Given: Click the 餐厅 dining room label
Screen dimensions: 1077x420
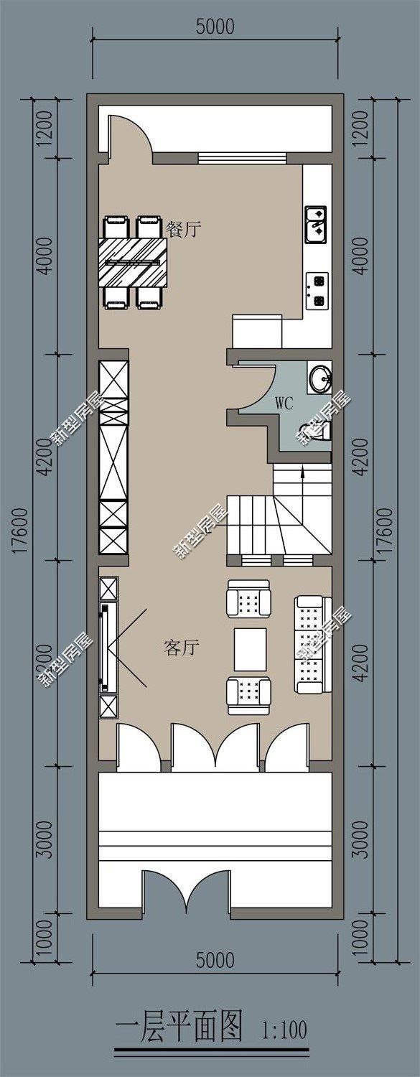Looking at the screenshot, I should [183, 230].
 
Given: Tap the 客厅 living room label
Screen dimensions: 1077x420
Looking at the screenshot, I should [181, 648].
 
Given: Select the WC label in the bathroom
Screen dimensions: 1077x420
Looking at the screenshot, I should [284, 403].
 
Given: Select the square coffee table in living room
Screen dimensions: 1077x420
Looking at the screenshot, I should [250, 648].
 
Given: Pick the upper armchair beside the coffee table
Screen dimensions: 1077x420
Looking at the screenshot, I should [249, 599].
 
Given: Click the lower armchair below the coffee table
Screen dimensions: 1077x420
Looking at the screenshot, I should [249, 695].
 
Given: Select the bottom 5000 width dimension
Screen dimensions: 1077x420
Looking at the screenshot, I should [215, 960].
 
